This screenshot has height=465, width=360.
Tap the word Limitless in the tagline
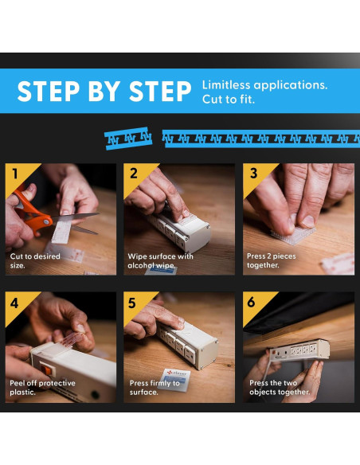pos(226,85)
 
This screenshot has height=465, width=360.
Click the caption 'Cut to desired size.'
pos(35,260)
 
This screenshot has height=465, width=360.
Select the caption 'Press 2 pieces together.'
pos(272,260)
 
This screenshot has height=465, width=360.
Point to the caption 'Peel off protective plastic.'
pos(42,387)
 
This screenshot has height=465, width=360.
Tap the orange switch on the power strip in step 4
pos(45,369)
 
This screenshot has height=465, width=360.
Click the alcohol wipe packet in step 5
pos(174,380)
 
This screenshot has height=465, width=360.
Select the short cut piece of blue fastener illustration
pos(128,139)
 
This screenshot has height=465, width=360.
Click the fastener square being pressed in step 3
pos(293,234)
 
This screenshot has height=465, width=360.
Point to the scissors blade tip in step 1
pos(99,213)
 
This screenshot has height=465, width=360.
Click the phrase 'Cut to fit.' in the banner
pos(229,100)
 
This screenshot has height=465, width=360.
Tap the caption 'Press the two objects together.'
pos(280,387)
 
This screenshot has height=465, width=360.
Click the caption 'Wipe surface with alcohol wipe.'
pos(160,260)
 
